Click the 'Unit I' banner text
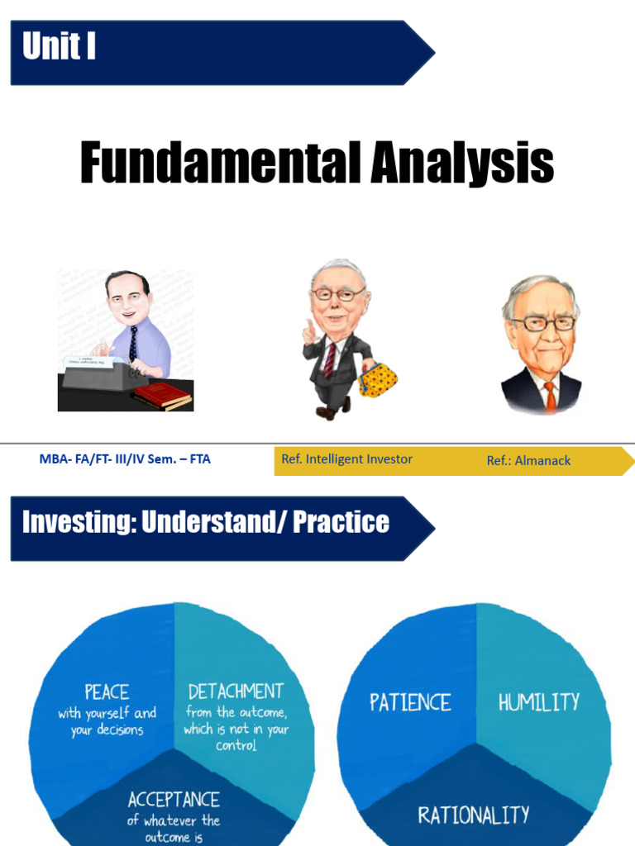click(59, 46)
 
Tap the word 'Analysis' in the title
click(461, 163)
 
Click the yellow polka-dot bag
click(378, 381)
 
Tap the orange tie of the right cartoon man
click(550, 396)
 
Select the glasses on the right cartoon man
click(542, 323)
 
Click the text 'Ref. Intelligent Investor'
click(346, 459)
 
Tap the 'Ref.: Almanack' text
click(528, 460)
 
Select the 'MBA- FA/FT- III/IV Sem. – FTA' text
click(125, 459)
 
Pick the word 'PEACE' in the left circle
click(106, 691)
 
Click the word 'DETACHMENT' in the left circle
click(236, 691)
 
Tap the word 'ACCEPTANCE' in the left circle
click(174, 799)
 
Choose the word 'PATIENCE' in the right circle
click(410, 702)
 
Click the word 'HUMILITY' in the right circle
click(538, 702)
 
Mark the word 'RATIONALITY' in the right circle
click(473, 815)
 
